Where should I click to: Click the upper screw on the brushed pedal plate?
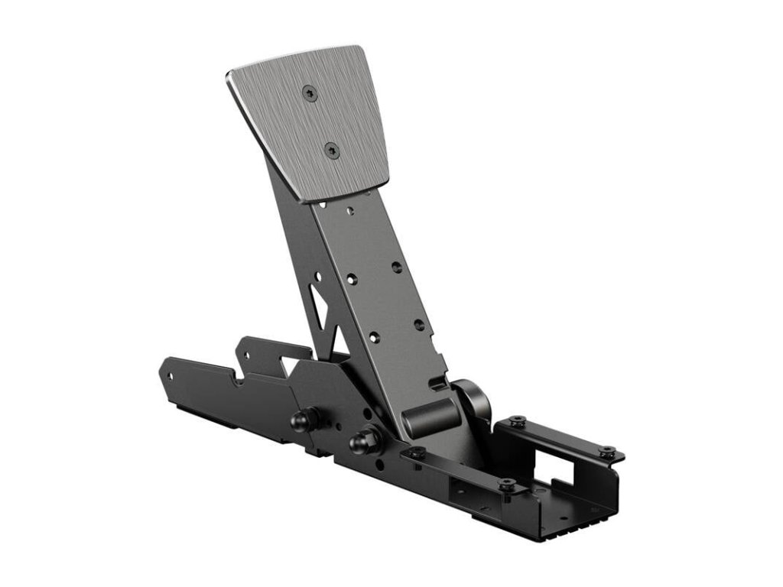tap(309, 92)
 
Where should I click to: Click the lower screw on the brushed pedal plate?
tap(331, 150)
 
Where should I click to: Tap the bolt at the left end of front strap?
tap(416, 453)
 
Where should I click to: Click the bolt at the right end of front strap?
tap(507, 485)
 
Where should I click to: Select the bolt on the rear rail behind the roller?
tap(517, 420)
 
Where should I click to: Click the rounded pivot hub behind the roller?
tap(472, 397)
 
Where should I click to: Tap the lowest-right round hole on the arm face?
tap(420, 325)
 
